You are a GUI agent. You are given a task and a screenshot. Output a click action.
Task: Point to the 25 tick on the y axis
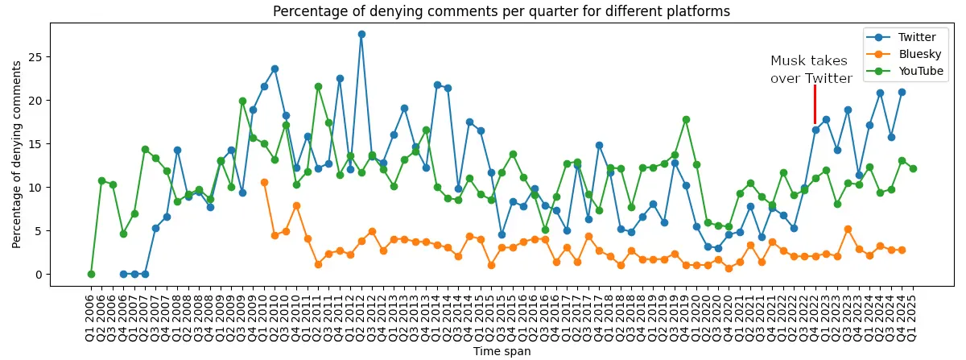pyautogui.click(x=37, y=57)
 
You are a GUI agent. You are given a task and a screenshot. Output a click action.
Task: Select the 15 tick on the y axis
pyautogui.click(x=37, y=144)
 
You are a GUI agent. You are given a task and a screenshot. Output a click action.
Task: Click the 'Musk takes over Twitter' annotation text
pyautogui.click(x=811, y=69)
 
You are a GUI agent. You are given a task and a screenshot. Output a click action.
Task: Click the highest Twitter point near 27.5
pyautogui.click(x=361, y=34)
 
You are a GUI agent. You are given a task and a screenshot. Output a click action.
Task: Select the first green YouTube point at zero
pyautogui.click(x=91, y=275)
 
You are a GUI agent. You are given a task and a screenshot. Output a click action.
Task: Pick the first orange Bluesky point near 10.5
pyautogui.click(x=264, y=183)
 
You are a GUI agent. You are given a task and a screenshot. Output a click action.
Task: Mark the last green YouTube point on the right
pyautogui.click(x=912, y=168)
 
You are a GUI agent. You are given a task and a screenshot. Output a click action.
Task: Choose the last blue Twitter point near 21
pyautogui.click(x=902, y=92)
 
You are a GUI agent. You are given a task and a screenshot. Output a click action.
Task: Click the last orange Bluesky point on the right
pyautogui.click(x=902, y=250)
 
